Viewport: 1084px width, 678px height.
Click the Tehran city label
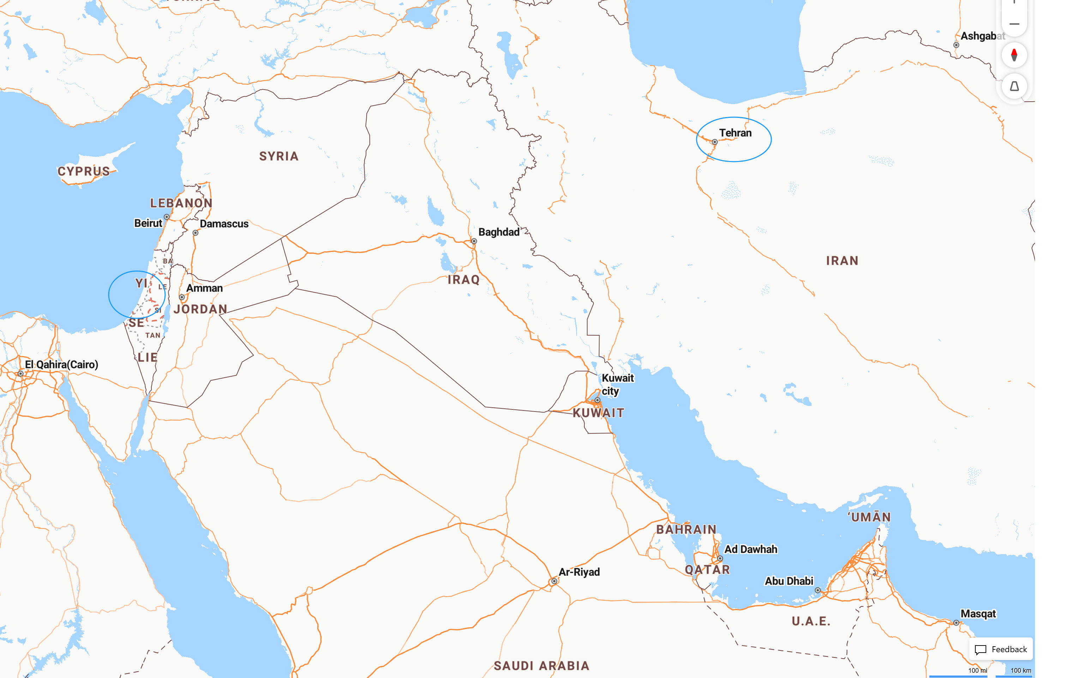(x=735, y=133)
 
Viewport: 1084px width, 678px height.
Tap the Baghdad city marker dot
(x=474, y=241)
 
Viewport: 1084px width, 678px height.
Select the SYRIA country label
(x=279, y=156)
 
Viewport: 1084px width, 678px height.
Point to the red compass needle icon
(x=1014, y=55)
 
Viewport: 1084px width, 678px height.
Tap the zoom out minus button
(x=1014, y=24)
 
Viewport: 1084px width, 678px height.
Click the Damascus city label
(x=224, y=224)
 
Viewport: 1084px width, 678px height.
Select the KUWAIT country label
(x=598, y=413)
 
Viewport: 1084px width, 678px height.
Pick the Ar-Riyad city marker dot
(x=554, y=581)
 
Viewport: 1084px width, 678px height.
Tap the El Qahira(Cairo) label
(x=61, y=365)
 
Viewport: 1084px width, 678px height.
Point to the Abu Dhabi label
(x=789, y=581)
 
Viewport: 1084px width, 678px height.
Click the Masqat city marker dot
(x=956, y=623)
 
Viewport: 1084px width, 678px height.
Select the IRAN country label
(x=842, y=261)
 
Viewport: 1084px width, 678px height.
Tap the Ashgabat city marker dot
(x=956, y=45)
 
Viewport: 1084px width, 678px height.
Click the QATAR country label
(x=707, y=570)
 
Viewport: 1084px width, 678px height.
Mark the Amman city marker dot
(x=182, y=297)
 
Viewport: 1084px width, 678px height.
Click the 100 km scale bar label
(x=1021, y=670)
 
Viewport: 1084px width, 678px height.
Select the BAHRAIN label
(x=686, y=529)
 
